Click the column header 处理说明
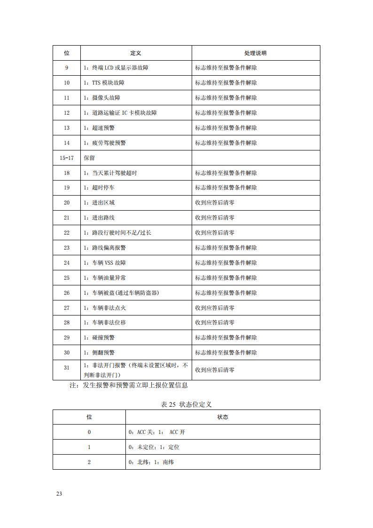pos(256,53)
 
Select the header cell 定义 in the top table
pos(136,53)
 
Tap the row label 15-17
pos(67,158)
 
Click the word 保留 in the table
pos(89,158)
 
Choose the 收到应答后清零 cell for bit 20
pos(215,203)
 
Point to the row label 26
pos(67,293)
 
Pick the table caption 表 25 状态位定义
pos(186,404)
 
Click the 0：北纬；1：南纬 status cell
pos(151,462)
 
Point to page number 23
pos(59,494)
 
